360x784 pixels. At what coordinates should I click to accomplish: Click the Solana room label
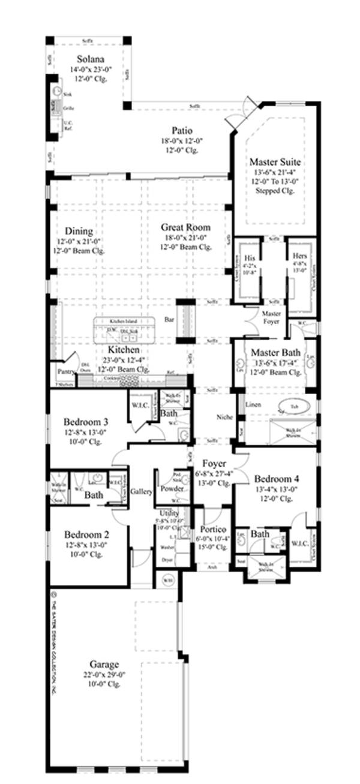point(91,59)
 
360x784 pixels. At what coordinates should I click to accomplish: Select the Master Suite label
point(275,162)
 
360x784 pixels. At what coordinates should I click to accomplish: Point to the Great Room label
point(185,227)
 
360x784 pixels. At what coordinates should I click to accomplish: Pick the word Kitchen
point(124,350)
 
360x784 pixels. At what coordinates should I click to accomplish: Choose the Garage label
point(104,665)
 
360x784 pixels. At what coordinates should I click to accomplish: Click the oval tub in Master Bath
point(294,406)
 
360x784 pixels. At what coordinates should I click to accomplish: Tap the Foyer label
point(214,463)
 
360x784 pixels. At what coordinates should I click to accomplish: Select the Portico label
point(213,530)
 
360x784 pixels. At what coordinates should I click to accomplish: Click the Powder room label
point(172,489)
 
